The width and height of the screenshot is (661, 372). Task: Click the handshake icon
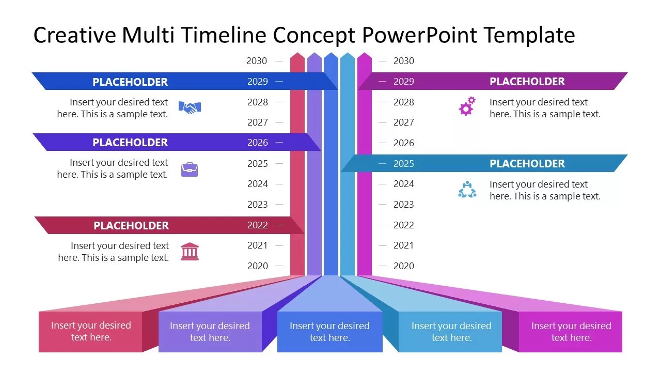tap(190, 107)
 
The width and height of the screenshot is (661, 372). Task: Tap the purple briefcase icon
tap(190, 169)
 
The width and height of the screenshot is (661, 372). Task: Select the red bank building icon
tap(190, 252)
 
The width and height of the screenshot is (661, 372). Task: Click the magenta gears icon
tap(467, 106)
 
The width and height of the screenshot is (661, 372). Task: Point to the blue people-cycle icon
tap(467, 190)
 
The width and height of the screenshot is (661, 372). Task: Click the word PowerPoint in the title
tap(419, 35)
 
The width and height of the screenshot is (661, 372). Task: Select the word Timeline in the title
tap(224, 35)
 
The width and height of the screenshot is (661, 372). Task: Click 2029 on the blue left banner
tap(258, 82)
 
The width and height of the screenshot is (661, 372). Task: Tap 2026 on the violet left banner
tap(258, 143)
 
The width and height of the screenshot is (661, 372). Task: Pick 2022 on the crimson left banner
tap(258, 225)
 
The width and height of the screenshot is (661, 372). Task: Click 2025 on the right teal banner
tap(404, 164)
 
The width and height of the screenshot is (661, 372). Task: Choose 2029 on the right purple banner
tap(404, 82)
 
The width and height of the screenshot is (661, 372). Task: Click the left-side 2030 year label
tap(257, 61)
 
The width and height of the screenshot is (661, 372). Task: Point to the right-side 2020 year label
tap(404, 266)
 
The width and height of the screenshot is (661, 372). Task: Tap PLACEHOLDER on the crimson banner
tap(131, 226)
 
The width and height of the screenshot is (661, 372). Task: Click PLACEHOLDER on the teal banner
tap(527, 164)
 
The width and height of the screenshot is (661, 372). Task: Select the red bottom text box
tap(90, 332)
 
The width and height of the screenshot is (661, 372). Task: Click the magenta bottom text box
tap(571, 332)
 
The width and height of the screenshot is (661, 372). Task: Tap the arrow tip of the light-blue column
tap(348, 53)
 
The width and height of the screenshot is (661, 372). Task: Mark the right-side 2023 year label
tap(404, 205)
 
